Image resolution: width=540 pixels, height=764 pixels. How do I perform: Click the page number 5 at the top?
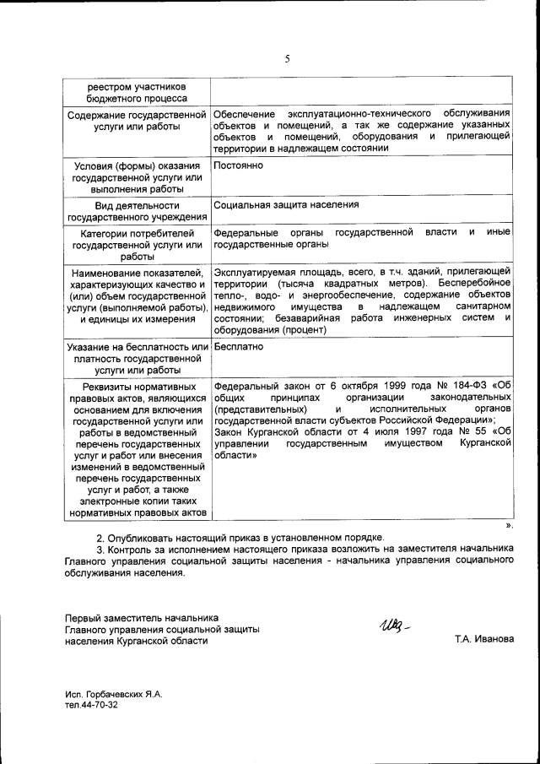click(287, 58)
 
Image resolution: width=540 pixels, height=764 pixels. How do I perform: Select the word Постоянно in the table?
click(240, 165)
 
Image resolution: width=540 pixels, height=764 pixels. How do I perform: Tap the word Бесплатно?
click(240, 346)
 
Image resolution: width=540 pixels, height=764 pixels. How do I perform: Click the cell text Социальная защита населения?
click(287, 204)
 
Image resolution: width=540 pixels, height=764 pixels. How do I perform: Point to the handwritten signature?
click(393, 626)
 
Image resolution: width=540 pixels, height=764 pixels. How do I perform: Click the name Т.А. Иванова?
click(483, 639)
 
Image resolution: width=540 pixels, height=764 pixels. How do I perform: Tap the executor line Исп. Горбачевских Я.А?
click(113, 694)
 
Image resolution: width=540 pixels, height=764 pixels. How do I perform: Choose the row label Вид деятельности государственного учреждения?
click(137, 210)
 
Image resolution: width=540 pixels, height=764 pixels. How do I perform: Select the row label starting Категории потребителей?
click(137, 244)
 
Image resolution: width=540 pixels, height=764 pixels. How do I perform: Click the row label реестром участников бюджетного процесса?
click(137, 91)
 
